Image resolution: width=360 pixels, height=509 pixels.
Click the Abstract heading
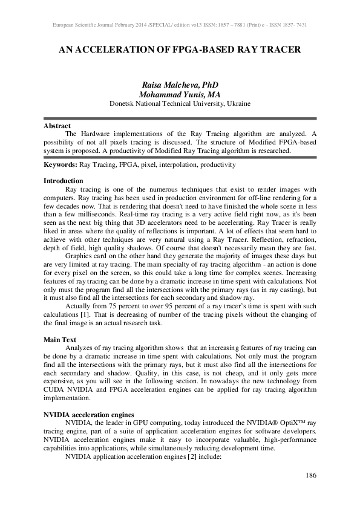[57, 126]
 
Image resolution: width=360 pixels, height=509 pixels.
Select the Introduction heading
[64, 181]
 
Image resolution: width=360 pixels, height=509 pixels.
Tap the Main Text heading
[61, 340]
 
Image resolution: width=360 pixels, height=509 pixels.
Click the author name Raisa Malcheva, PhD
[180, 86]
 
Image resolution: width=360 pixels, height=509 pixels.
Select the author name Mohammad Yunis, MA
[180, 95]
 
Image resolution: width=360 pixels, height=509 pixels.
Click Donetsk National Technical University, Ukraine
[180, 104]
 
